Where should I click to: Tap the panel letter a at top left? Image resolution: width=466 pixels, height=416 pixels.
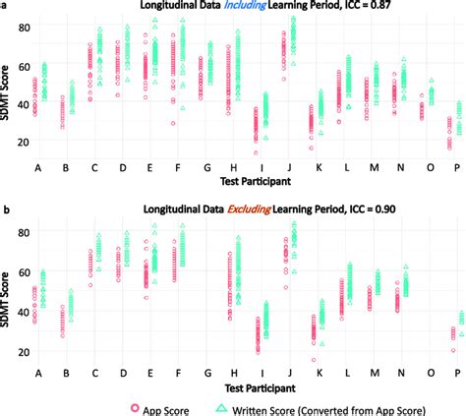[4, 6]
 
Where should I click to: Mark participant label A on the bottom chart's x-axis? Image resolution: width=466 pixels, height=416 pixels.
[37, 374]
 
